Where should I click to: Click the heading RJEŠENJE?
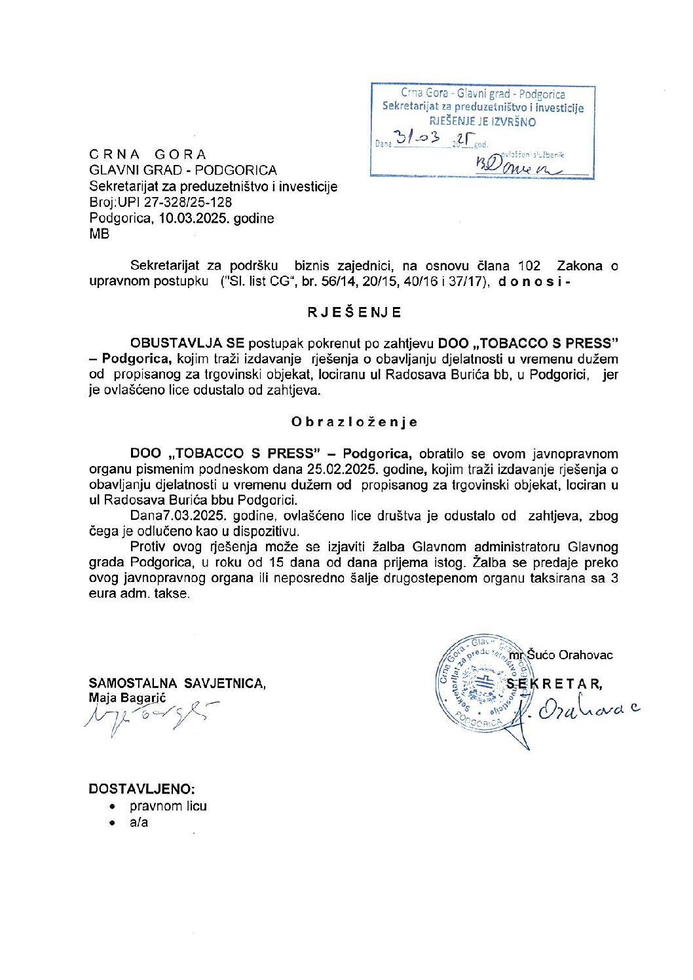tap(354, 312)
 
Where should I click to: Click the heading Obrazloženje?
tap(354, 422)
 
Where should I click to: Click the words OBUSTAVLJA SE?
tap(187, 343)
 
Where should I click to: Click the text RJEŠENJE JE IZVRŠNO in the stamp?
tap(483, 122)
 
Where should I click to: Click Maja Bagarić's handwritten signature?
tap(149, 716)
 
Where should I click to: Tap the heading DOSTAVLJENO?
tap(141, 789)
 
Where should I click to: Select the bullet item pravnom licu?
tap(168, 806)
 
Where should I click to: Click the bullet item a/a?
tap(139, 822)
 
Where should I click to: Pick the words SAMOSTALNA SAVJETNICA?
tap(177, 683)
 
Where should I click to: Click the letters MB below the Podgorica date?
tap(100, 234)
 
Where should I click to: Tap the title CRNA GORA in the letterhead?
tap(148, 154)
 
